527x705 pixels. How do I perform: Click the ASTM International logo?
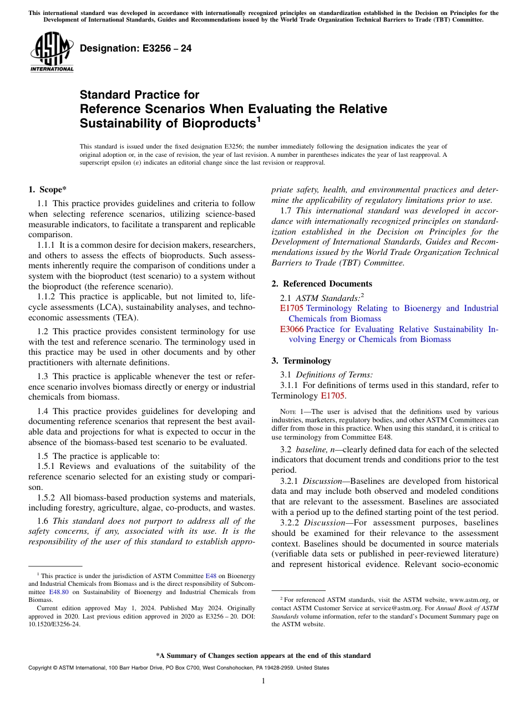52,53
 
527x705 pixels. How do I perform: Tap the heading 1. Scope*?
47,189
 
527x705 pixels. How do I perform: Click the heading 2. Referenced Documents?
322,284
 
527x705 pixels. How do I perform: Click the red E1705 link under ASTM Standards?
291,308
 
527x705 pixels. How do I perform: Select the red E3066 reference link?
291,329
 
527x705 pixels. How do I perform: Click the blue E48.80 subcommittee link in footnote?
59,592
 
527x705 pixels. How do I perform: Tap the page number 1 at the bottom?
263,681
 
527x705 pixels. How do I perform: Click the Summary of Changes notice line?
263,656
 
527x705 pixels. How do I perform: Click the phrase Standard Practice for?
139,95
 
